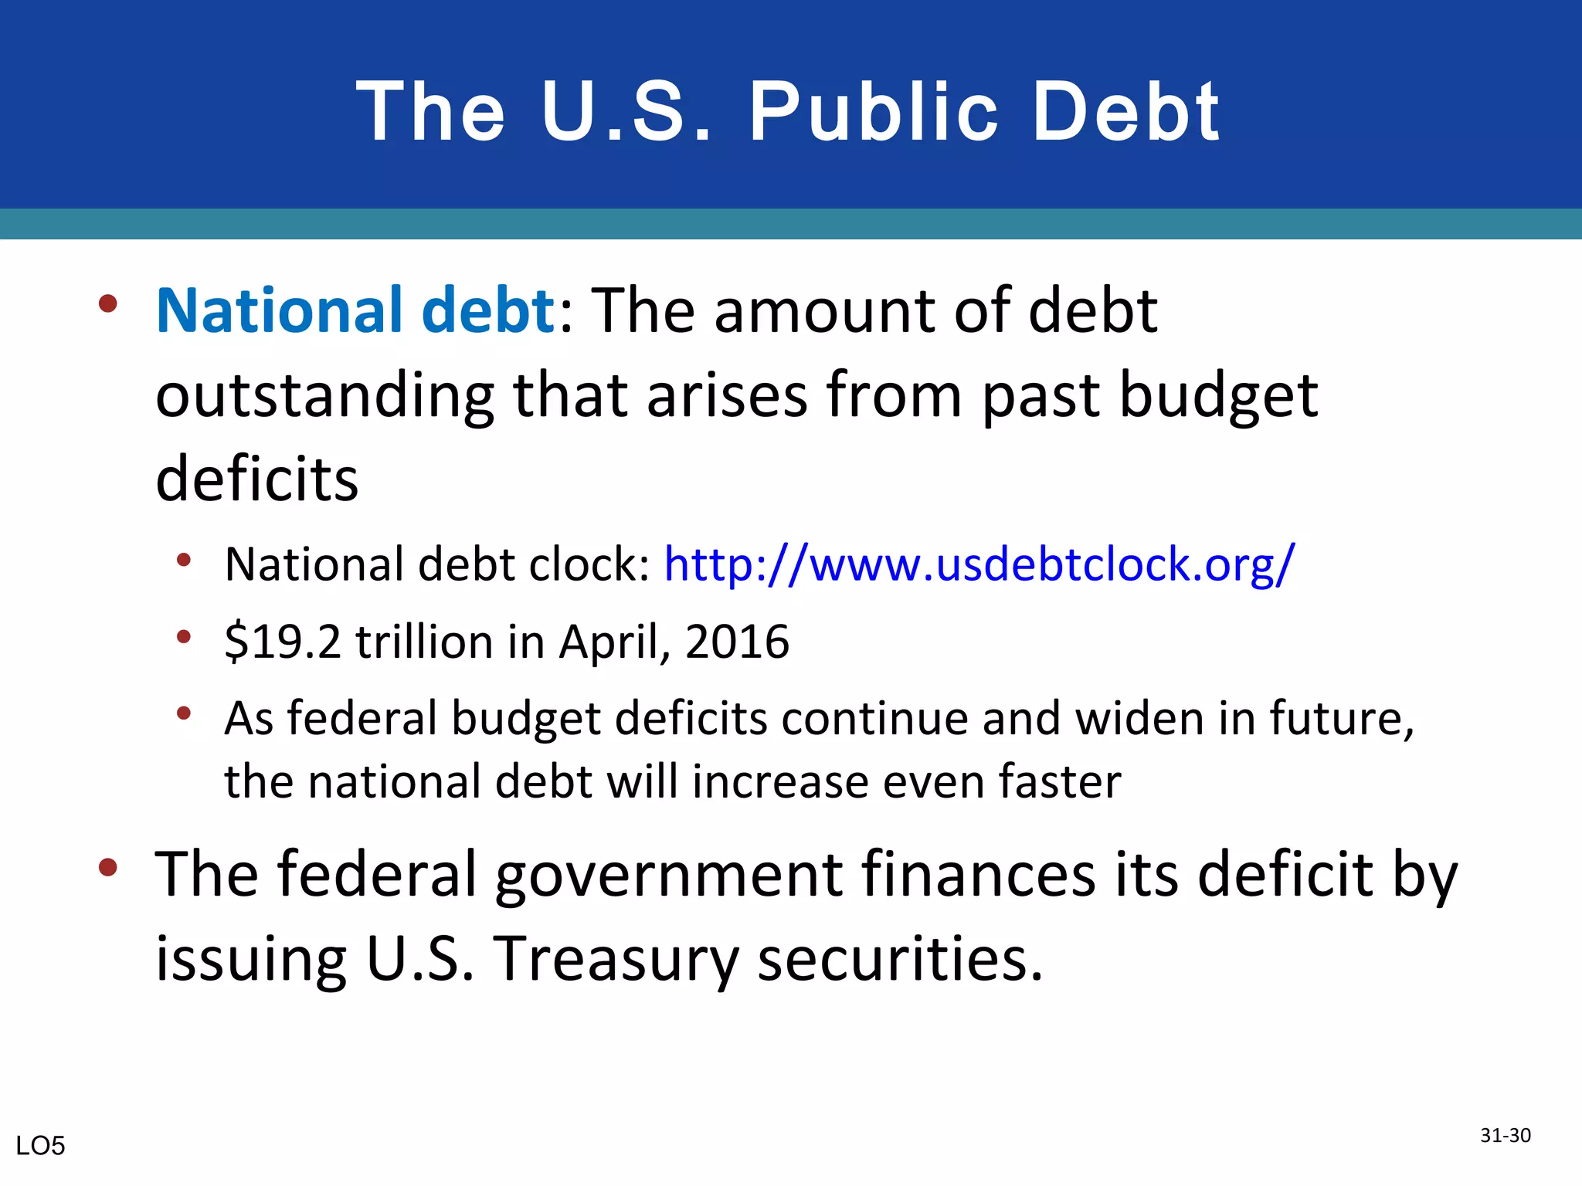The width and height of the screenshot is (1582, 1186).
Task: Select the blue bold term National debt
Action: coord(355,310)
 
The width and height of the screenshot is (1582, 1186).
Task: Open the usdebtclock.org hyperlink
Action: coord(979,564)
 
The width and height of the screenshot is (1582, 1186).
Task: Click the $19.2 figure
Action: coord(282,642)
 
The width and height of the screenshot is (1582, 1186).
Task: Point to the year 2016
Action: coord(737,642)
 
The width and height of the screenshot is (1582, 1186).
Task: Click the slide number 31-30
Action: coord(1506,1135)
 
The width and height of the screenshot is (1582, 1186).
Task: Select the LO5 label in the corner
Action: coord(40,1146)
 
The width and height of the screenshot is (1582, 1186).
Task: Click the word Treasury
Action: coord(616,960)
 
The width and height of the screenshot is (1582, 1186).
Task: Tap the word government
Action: coord(669,876)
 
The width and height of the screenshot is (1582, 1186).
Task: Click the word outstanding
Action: coord(324,396)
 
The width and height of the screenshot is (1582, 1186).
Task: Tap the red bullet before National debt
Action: coord(108,303)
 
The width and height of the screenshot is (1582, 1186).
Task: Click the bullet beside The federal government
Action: coord(108,867)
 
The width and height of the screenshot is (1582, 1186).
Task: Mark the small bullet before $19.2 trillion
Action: coord(183,637)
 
